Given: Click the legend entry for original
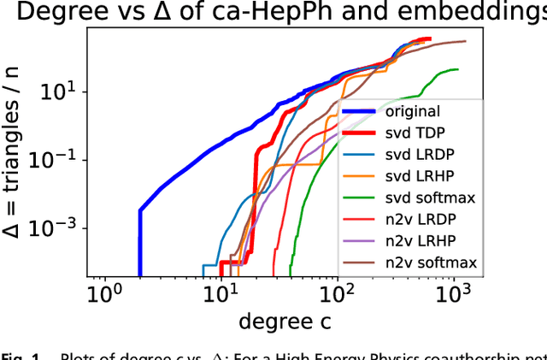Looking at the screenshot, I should coord(412,111).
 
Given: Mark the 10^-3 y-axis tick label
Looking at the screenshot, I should coord(62,227).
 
